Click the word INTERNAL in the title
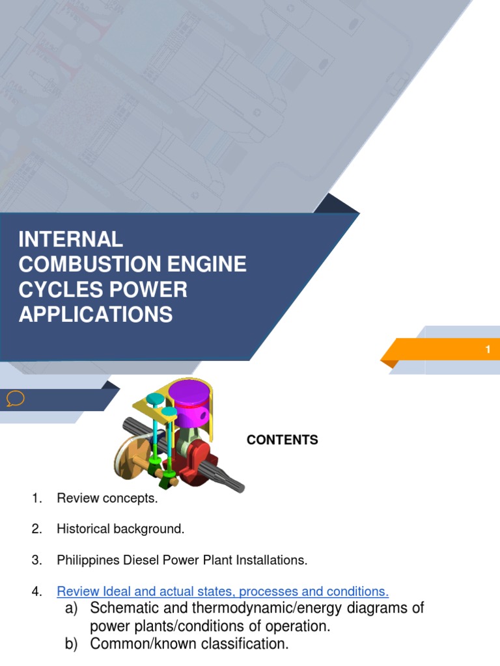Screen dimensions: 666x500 70,239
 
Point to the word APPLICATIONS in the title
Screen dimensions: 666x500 96,315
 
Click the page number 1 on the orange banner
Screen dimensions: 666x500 488,350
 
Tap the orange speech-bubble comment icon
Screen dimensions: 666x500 15,398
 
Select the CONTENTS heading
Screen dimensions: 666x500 282,440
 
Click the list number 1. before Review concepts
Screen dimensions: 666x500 36,499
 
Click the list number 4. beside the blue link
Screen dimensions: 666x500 36,591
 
